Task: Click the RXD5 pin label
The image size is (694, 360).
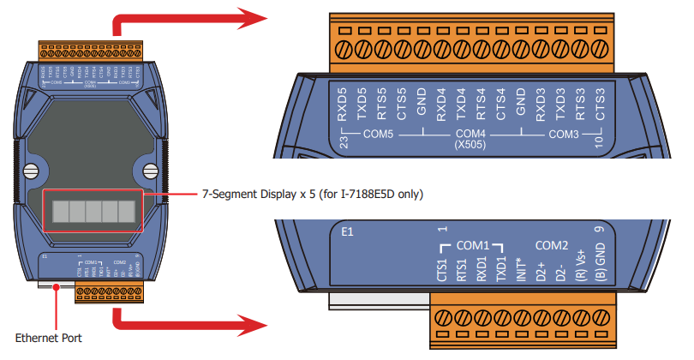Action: coord(343,103)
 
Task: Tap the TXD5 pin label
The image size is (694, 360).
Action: coord(362,103)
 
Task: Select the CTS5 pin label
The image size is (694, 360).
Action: coord(402,103)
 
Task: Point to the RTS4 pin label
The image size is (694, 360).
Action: coord(481,103)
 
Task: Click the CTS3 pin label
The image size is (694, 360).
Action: coord(600,103)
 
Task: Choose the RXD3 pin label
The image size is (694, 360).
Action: coord(541,103)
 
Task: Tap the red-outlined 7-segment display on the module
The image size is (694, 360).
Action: coord(93,210)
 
